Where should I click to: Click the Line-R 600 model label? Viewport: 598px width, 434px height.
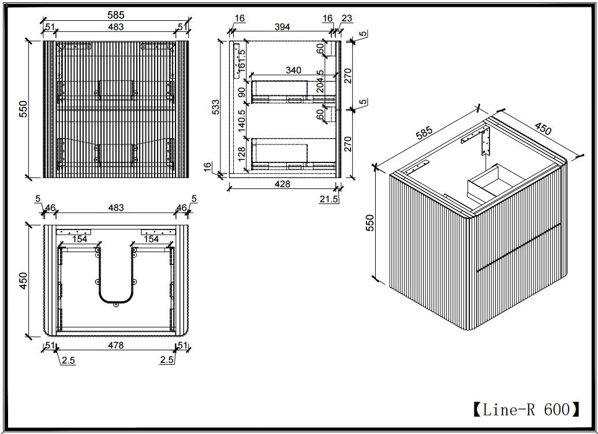(x=526, y=410)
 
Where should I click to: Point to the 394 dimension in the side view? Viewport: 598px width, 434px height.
(x=282, y=27)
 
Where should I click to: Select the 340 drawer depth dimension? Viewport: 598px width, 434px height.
(x=293, y=71)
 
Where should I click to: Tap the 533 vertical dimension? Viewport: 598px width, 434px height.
(x=216, y=107)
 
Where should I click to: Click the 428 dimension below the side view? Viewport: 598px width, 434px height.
(x=282, y=184)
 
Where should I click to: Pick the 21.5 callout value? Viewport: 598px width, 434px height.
(x=329, y=199)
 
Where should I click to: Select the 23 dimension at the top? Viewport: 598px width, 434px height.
(x=347, y=18)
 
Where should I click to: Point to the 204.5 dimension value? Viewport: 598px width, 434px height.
(x=320, y=81)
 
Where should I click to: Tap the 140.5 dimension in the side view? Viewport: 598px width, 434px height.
(x=241, y=121)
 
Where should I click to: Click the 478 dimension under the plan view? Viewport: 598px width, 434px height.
(x=115, y=345)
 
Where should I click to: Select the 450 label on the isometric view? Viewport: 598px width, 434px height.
(x=543, y=129)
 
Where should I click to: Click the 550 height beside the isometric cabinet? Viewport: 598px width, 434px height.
(x=369, y=223)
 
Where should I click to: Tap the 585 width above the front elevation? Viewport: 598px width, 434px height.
(x=115, y=14)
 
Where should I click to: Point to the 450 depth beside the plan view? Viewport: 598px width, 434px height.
(x=23, y=280)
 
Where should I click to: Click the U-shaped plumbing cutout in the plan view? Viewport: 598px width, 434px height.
(x=115, y=275)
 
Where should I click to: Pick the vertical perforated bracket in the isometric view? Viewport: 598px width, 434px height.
(x=485, y=142)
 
